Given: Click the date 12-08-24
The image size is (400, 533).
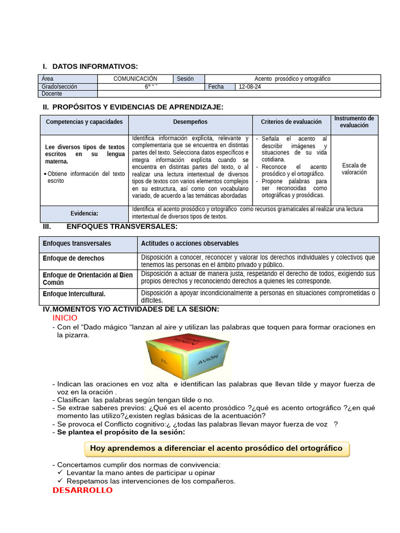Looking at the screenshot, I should pyautogui.click(x=249, y=86).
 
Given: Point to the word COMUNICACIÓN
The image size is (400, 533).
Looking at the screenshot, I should pyautogui.click(x=135, y=79).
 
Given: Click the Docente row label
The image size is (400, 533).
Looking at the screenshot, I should pyautogui.click(x=52, y=94).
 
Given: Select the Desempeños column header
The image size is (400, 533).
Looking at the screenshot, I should pyautogui.click(x=190, y=122).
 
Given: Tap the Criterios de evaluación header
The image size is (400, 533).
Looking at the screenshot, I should pyautogui.click(x=291, y=122).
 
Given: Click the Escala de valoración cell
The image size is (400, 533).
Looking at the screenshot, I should pyautogui.click(x=354, y=169).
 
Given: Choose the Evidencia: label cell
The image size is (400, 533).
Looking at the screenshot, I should pyautogui.click(x=84, y=213).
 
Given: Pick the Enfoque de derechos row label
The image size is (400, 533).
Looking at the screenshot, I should pyautogui.click(x=73, y=258).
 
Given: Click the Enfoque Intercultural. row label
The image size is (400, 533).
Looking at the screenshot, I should pyautogui.click(x=74, y=294).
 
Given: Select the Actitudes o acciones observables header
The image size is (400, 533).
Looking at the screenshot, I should pyautogui.click(x=190, y=243).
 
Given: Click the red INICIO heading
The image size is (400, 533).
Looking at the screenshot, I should pyautogui.click(x=65, y=318).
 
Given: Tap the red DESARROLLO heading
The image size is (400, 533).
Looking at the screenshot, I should pyautogui.click(x=82, y=490).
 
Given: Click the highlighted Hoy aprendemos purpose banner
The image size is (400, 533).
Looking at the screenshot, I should pyautogui.click(x=216, y=448).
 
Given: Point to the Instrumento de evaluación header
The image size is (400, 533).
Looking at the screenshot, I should pyautogui.click(x=354, y=122).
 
